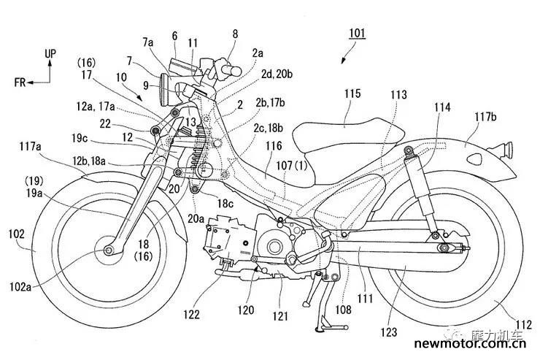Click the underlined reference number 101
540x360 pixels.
(x=357, y=33)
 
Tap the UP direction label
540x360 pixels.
(x=50, y=54)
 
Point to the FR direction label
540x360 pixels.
(x=20, y=83)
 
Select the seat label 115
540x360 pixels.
(x=352, y=93)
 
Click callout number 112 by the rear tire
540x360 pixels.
(x=523, y=324)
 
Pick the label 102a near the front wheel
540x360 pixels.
(x=20, y=287)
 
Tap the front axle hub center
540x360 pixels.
(x=109, y=250)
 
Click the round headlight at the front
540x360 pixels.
(x=166, y=90)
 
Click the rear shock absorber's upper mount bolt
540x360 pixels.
(x=409, y=150)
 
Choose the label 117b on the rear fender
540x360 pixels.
(x=485, y=117)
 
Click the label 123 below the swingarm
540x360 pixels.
(x=389, y=332)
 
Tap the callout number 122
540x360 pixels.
(x=191, y=314)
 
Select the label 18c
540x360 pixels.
(x=225, y=204)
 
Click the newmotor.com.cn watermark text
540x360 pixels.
(x=470, y=343)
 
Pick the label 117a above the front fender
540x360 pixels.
(x=31, y=147)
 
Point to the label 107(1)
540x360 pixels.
(x=292, y=166)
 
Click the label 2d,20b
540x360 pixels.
(x=277, y=74)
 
